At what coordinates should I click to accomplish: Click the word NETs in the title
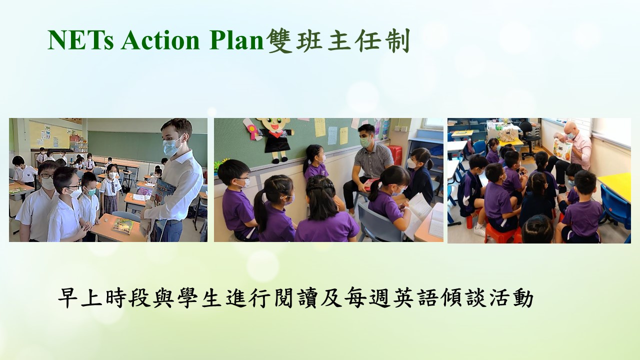coord(80,40)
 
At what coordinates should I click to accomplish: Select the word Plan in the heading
coord(236,40)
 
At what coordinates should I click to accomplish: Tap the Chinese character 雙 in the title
coord(280,41)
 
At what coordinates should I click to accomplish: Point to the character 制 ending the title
coord(397,41)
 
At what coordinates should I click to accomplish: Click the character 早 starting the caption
coord(68,298)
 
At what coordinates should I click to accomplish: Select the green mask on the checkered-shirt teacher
coord(365,142)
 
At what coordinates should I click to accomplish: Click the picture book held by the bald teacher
coord(562,150)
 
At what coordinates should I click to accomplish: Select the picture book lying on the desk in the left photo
coord(123,225)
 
